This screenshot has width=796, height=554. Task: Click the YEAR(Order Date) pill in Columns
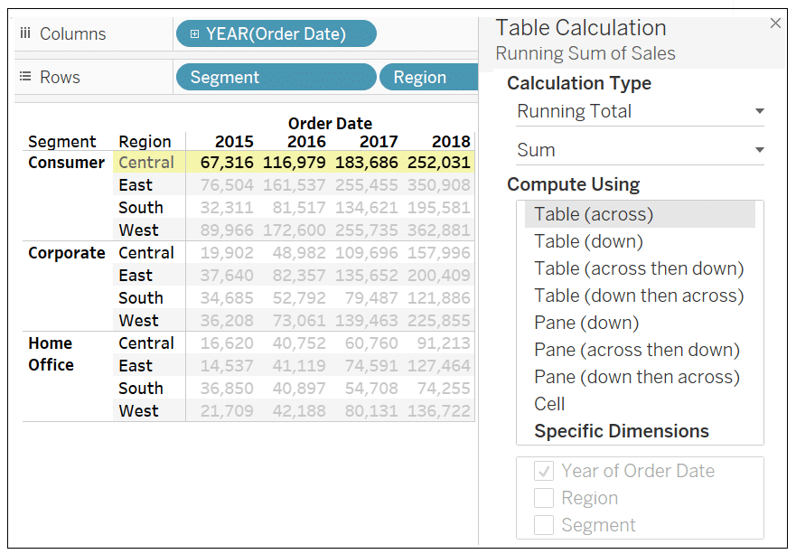[x=276, y=34]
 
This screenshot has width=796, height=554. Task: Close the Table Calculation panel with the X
[x=775, y=24]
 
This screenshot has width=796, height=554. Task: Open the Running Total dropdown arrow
[x=759, y=112]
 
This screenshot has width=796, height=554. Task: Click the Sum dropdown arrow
[x=759, y=151]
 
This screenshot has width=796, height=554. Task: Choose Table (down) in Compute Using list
[x=588, y=241]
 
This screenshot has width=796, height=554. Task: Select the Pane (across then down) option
[x=636, y=350]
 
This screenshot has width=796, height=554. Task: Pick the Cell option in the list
[x=549, y=404]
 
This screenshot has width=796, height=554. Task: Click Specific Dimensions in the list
[x=621, y=431]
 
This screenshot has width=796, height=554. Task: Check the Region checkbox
[x=543, y=498]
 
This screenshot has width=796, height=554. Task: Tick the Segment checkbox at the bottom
[x=543, y=525]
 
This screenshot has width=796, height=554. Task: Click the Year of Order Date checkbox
[x=543, y=471]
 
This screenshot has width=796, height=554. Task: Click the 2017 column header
[x=379, y=142]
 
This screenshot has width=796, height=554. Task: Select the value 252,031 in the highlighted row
[x=438, y=163]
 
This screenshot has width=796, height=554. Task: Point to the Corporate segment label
[x=67, y=253]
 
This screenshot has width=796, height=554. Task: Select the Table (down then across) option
[x=638, y=296]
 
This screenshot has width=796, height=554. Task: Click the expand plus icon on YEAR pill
[x=195, y=34]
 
